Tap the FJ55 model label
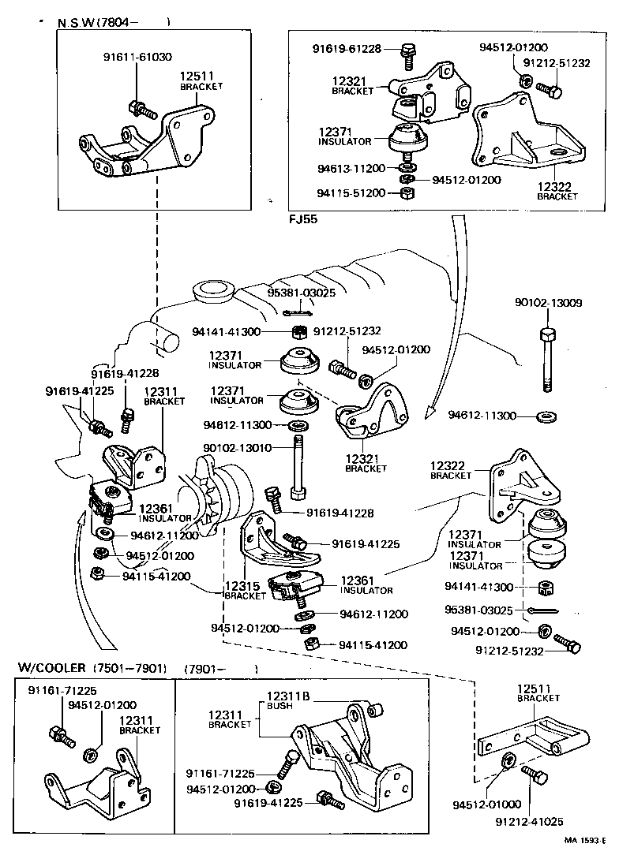click(x=303, y=219)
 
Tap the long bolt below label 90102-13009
click(x=546, y=359)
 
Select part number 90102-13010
click(x=237, y=447)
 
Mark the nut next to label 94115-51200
click(x=403, y=193)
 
